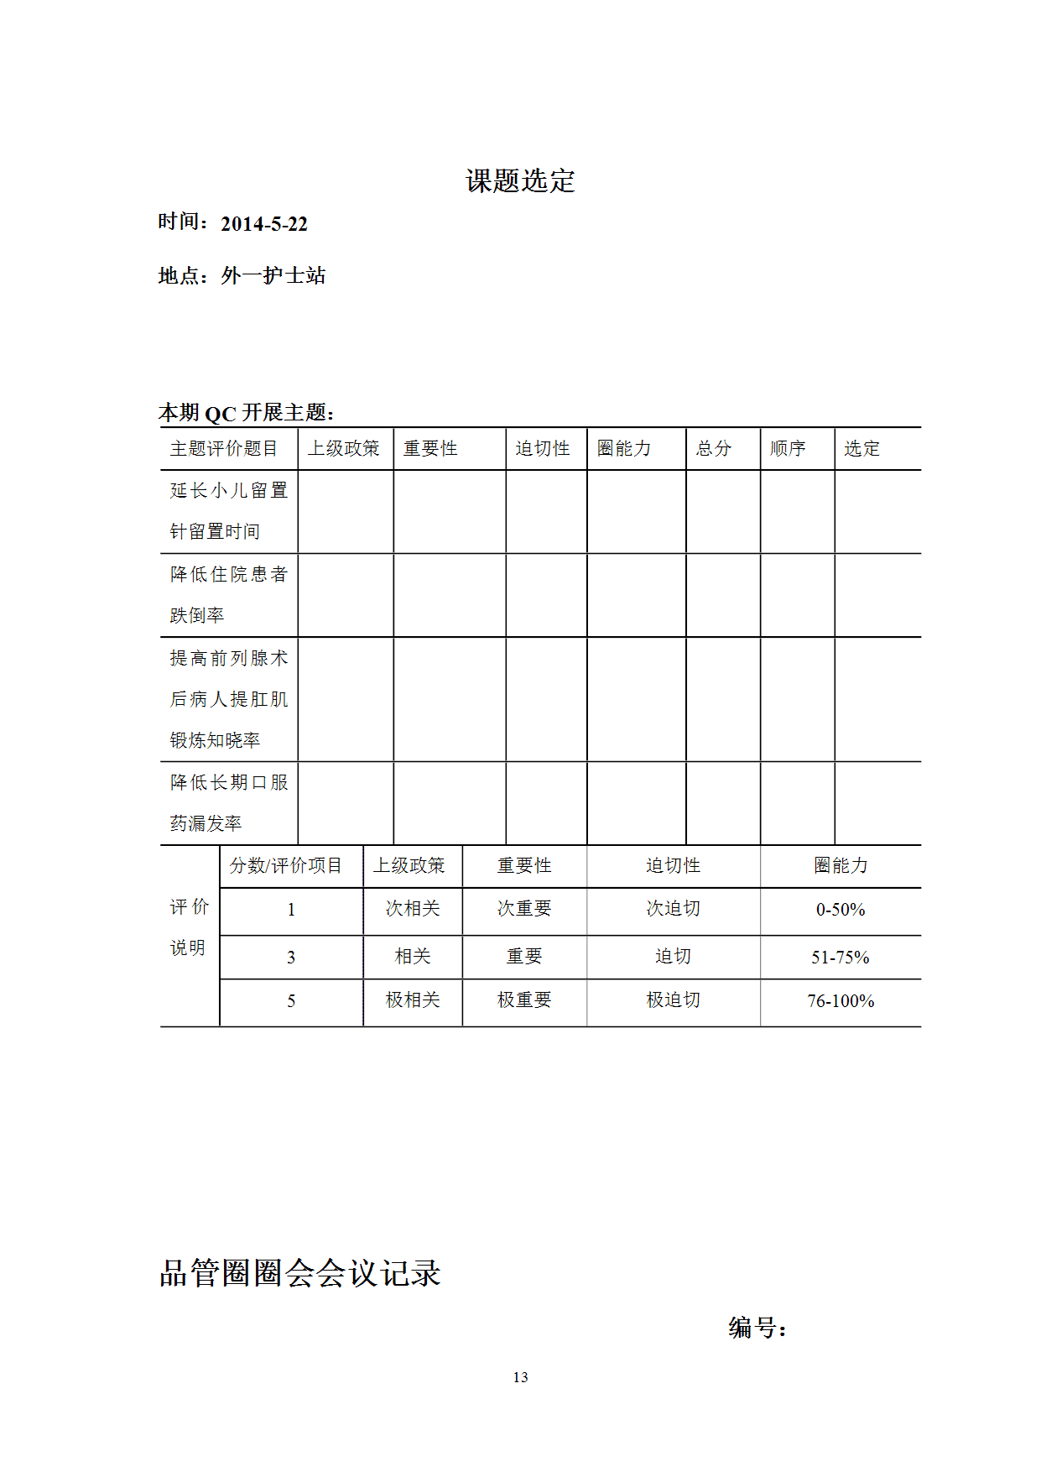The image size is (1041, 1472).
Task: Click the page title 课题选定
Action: tap(520, 180)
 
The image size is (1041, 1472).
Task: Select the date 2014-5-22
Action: tap(263, 224)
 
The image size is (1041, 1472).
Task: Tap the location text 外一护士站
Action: tap(273, 275)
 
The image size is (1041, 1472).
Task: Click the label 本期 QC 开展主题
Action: tap(247, 413)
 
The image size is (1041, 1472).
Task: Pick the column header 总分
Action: tap(714, 449)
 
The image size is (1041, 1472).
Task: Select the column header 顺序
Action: tap(788, 449)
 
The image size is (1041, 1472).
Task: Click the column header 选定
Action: tap(861, 449)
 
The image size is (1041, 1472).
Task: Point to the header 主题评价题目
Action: tap(223, 449)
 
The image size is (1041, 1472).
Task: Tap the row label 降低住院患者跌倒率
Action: tap(228, 594)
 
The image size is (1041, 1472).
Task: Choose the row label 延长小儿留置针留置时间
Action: tap(228, 510)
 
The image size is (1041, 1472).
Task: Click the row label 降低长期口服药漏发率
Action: tap(228, 802)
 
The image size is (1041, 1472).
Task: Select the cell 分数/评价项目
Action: tap(286, 866)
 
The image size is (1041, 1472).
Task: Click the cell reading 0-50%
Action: tap(840, 910)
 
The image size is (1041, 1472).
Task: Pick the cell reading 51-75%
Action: tap(840, 958)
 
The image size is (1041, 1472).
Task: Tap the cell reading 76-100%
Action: tap(841, 1001)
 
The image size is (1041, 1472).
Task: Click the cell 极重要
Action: tap(524, 1000)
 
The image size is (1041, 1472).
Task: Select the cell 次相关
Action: tap(413, 909)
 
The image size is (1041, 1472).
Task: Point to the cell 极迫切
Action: tap(673, 1000)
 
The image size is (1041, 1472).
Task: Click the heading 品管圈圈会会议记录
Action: tap(299, 1273)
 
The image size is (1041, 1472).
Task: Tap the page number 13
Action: tap(520, 1377)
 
